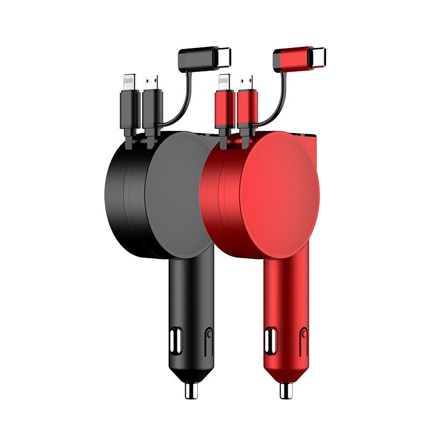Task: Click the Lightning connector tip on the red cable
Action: click(224, 82)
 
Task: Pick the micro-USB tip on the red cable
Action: click(247, 82)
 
